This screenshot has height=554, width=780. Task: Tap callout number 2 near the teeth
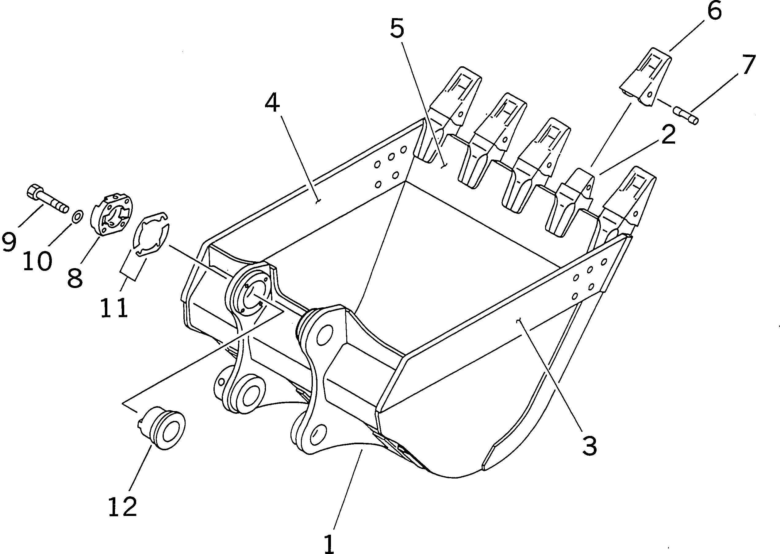(668, 134)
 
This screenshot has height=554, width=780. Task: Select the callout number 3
(590, 445)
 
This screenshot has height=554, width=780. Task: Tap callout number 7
(749, 65)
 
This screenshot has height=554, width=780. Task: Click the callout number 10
(37, 261)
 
